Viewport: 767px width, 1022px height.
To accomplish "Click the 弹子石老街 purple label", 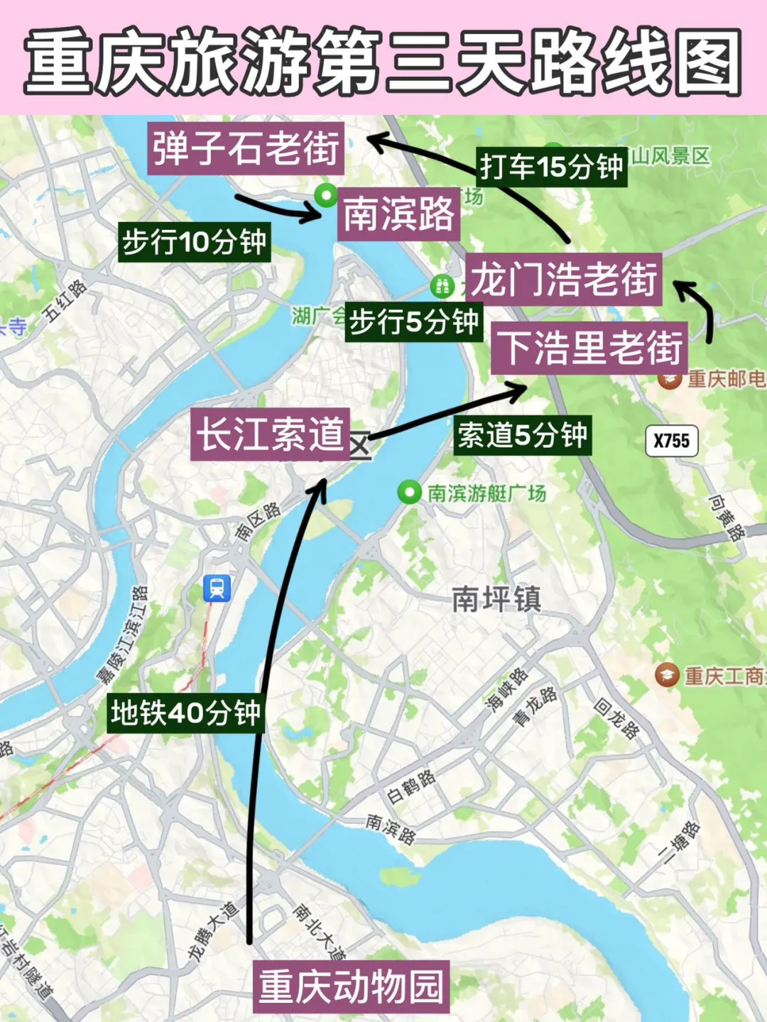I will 246,149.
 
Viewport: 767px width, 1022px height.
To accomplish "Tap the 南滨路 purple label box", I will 398,213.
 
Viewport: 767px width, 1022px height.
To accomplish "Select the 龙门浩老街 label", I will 564,279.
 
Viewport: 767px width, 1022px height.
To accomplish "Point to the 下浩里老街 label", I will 589,348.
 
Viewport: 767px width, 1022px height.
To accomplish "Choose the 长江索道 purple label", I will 271,434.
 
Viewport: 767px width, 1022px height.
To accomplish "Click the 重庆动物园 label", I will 352,987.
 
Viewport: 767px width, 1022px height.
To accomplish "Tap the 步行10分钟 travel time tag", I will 194,242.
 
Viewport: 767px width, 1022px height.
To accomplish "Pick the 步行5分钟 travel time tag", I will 414,322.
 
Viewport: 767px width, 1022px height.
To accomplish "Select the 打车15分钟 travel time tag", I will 551,167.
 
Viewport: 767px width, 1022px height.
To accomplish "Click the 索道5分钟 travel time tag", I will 522,435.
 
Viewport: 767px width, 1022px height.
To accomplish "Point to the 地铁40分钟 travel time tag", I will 186,713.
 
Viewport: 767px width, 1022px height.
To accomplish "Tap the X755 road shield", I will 671,441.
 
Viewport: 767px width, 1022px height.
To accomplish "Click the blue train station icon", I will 217,588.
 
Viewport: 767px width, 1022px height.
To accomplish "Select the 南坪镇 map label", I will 496,600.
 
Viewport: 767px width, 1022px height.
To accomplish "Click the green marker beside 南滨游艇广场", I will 409,492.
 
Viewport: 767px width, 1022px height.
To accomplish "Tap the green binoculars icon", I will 442,286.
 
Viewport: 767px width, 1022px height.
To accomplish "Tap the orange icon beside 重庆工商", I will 667,674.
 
